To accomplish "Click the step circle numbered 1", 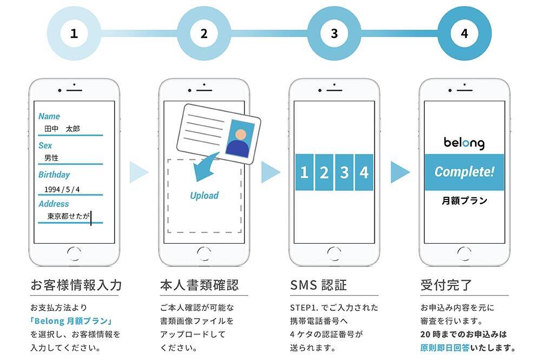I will click(x=74, y=34).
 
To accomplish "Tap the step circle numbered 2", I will click(x=204, y=34).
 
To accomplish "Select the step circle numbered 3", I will click(x=334, y=34).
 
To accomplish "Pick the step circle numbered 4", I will click(x=464, y=34).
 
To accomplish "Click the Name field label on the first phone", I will click(x=49, y=116).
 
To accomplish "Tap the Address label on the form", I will click(x=54, y=204).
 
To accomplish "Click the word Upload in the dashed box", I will click(x=204, y=195).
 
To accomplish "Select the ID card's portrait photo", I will click(x=240, y=139).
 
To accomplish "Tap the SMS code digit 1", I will click(x=304, y=172).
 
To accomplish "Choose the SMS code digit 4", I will click(x=364, y=172).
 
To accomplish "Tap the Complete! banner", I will click(x=464, y=172).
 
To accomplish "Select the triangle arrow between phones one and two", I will click(x=138, y=172).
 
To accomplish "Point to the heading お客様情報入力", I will click(x=75, y=284).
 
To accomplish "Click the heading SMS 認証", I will click(x=318, y=284).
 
